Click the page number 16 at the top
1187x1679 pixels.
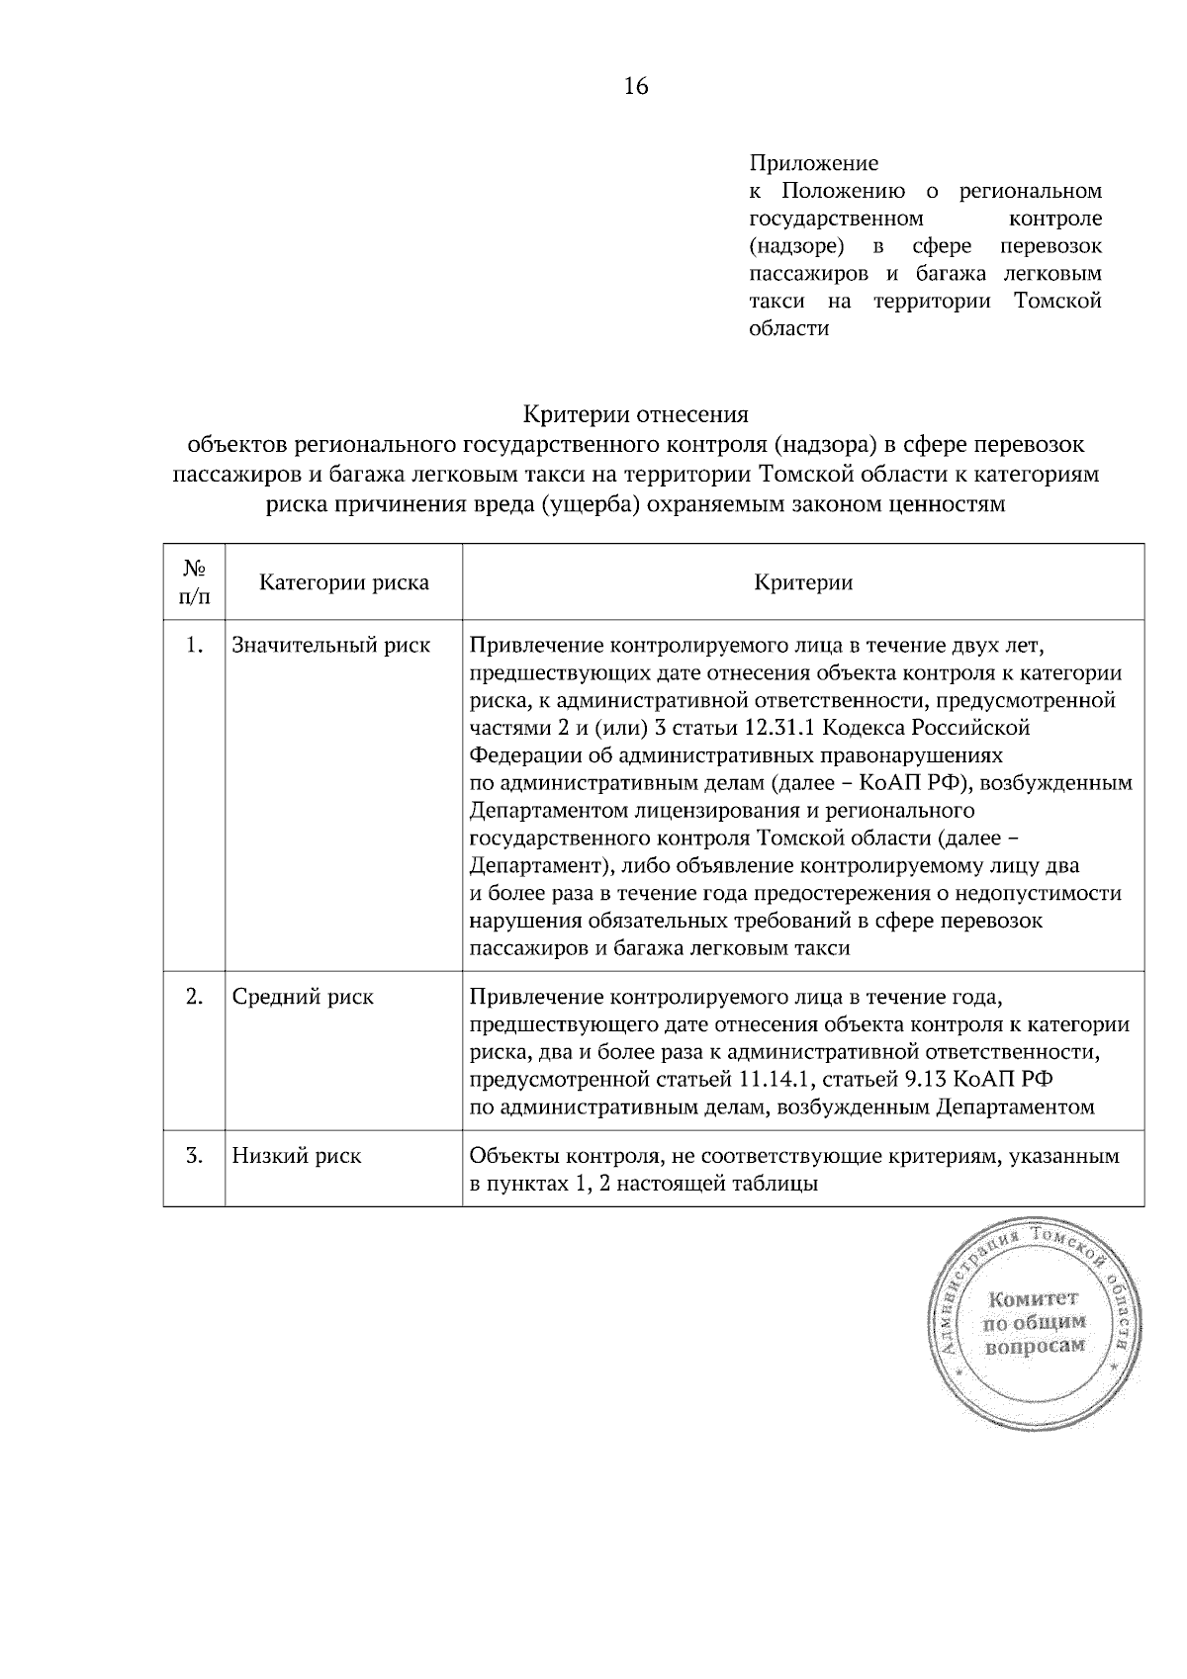point(635,87)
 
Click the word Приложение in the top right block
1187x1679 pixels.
point(813,162)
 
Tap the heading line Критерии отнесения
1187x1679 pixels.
point(635,413)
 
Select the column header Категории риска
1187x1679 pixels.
point(343,582)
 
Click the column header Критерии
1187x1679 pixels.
point(802,582)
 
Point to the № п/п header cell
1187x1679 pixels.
point(194,582)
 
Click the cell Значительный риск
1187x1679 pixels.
point(330,646)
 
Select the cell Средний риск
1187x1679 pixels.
point(303,997)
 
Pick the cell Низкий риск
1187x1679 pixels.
point(297,1156)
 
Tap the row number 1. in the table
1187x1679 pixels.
point(194,646)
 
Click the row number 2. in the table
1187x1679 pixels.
point(194,997)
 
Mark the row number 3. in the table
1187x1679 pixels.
point(194,1156)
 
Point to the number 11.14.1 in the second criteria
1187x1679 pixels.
point(776,1079)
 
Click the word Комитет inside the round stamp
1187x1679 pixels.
point(1032,1298)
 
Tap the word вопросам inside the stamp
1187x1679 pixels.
point(1034,1346)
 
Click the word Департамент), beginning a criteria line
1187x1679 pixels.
point(538,866)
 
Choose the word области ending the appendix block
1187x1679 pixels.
point(788,328)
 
